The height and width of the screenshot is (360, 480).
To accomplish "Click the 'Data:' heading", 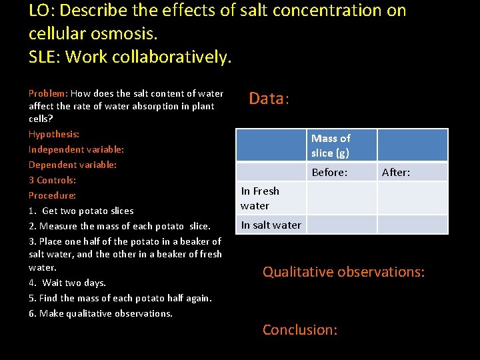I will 269,99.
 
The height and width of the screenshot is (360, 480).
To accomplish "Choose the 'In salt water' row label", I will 271,225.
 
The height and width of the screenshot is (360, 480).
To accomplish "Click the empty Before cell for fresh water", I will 341,198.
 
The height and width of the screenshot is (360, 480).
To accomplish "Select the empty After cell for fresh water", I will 412,198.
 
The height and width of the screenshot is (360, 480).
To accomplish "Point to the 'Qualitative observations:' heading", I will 343,272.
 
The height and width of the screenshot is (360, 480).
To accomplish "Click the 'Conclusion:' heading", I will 300,330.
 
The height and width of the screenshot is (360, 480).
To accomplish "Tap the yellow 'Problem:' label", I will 48,94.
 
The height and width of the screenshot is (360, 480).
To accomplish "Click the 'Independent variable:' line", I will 76,149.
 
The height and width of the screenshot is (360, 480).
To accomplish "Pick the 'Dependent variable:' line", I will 73,165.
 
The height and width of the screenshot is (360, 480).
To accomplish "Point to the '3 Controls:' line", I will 52,180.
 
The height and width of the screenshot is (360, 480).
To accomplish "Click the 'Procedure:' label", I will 52,195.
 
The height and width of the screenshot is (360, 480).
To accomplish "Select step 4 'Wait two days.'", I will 67,283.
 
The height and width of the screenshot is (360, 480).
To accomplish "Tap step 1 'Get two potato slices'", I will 81,211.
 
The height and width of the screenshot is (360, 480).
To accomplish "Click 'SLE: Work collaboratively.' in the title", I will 131,57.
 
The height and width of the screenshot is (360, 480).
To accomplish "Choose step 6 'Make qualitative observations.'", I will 101,313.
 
